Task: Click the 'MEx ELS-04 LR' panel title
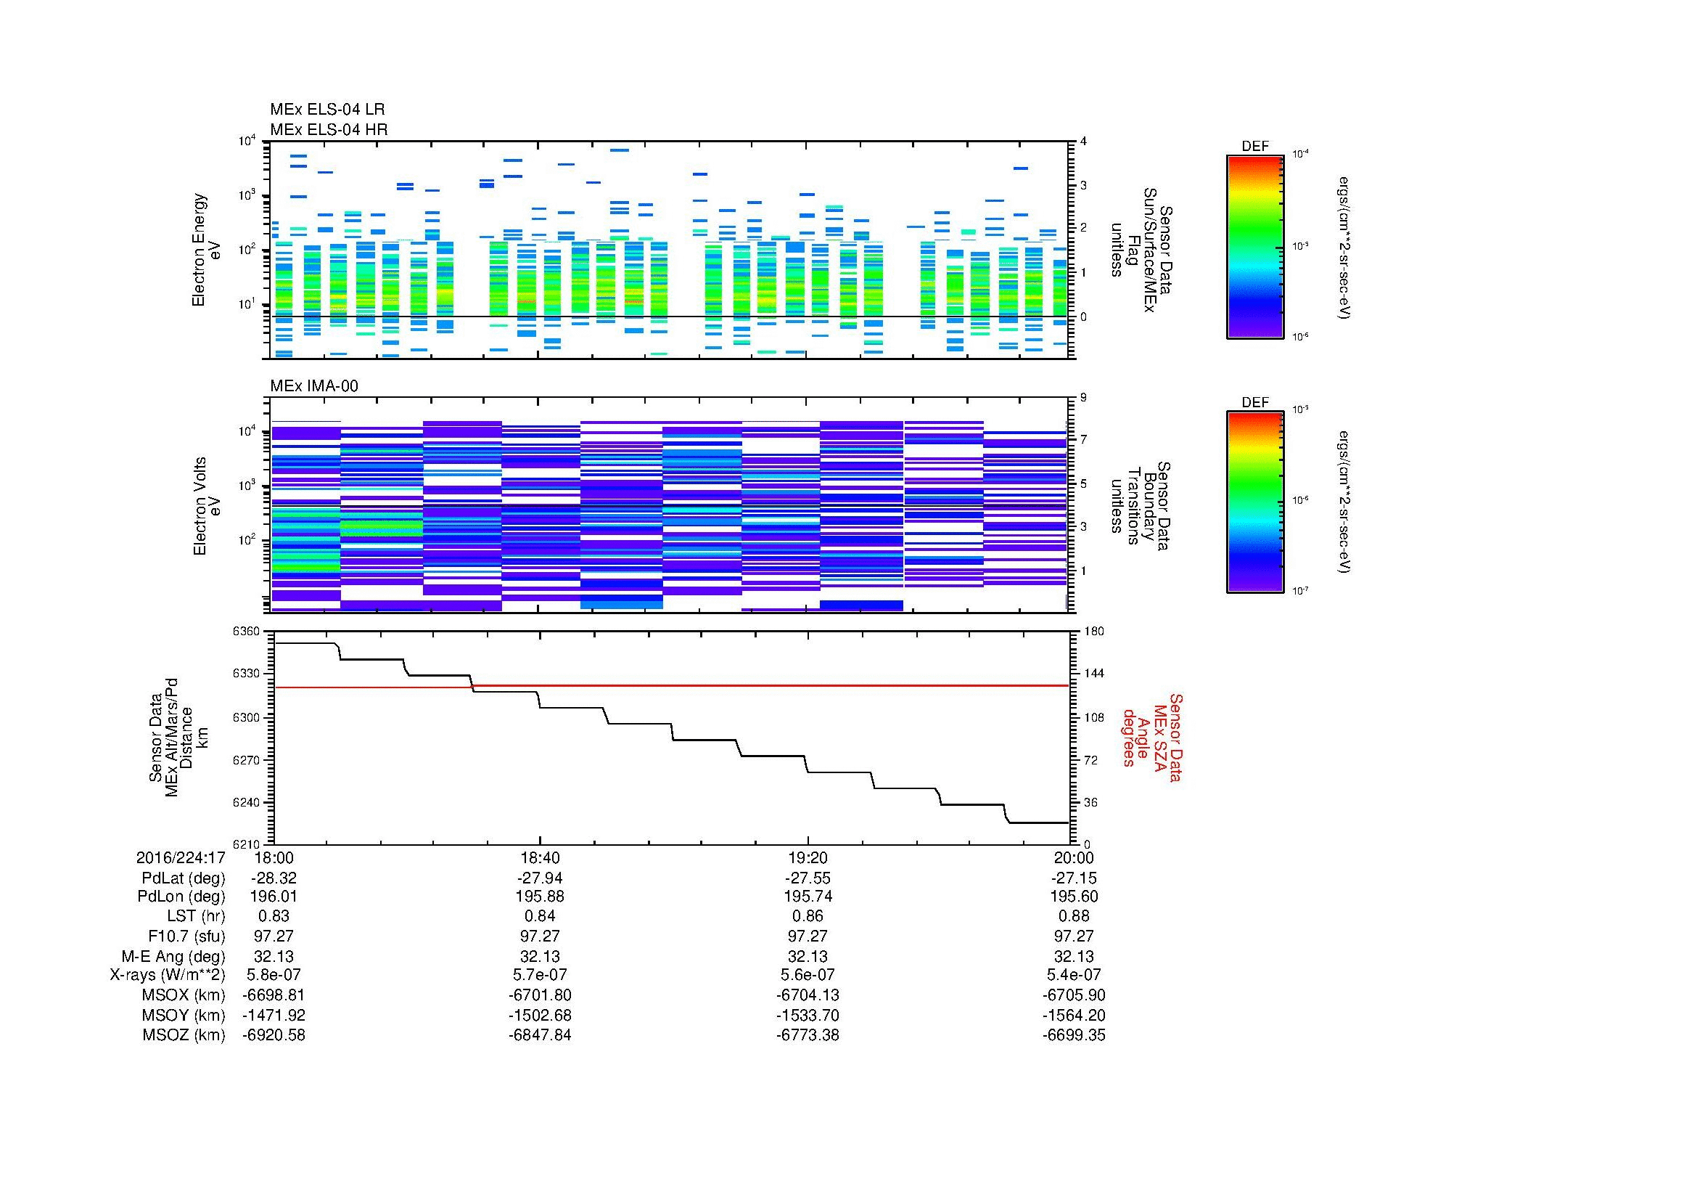(x=326, y=110)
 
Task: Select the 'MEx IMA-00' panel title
(x=313, y=386)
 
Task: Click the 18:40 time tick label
(x=540, y=857)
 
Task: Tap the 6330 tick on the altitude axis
(x=246, y=674)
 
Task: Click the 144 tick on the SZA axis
(x=1093, y=674)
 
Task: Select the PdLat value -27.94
(x=540, y=878)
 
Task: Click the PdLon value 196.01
(x=274, y=896)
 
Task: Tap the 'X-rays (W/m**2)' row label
(x=167, y=974)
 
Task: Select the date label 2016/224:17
(x=181, y=857)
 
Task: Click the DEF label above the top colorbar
(x=1254, y=147)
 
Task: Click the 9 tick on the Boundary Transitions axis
(x=1084, y=397)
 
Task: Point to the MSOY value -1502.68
(x=540, y=1014)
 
